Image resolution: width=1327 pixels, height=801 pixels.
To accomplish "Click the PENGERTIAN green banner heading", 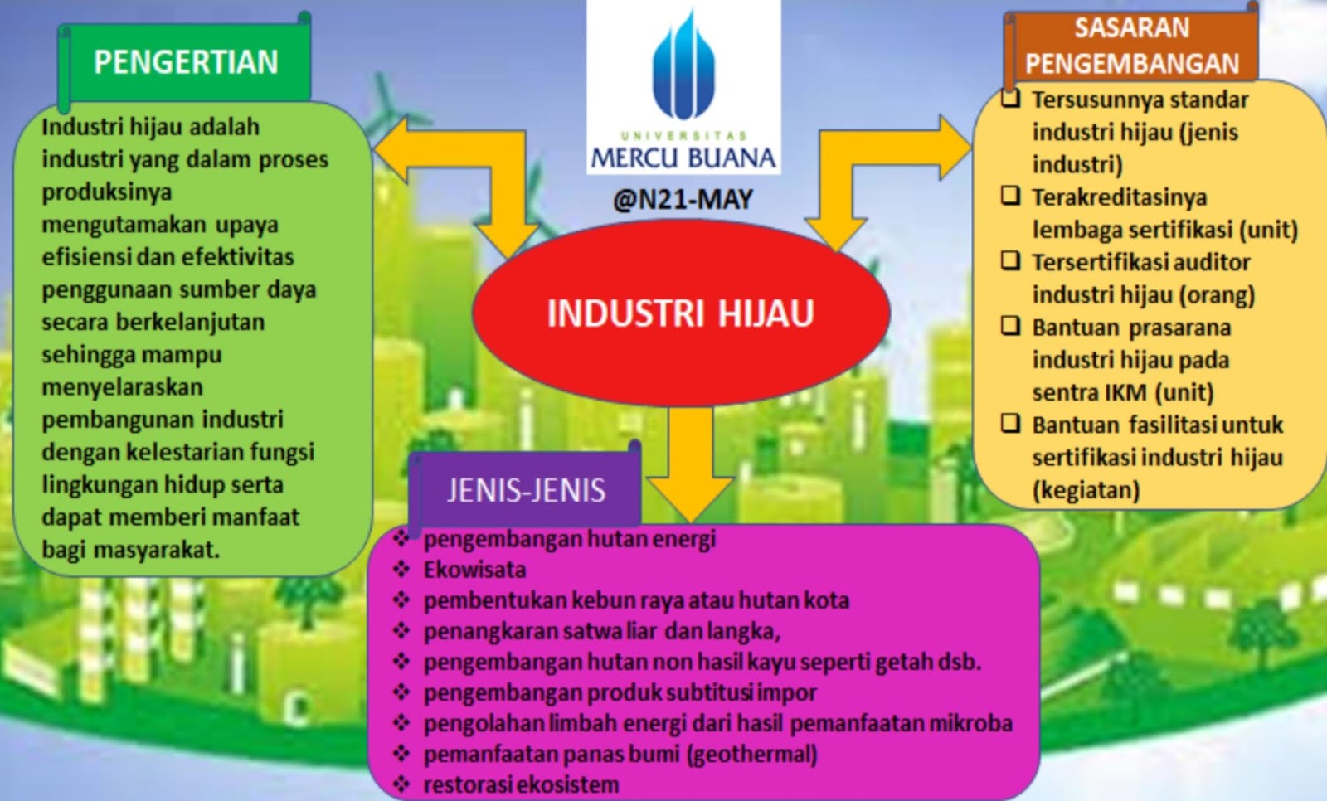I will [x=186, y=62].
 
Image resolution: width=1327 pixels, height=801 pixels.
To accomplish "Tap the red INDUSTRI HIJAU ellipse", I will [x=681, y=313].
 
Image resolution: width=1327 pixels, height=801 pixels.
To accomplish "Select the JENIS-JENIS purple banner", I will [x=526, y=490].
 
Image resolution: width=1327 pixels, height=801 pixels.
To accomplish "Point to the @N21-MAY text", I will [x=683, y=200].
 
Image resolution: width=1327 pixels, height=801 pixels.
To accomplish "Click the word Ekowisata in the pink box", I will [x=474, y=570].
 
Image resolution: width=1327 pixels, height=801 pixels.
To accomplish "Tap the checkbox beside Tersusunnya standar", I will [x=1010, y=99].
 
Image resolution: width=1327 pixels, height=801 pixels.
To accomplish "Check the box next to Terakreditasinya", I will [x=1010, y=197].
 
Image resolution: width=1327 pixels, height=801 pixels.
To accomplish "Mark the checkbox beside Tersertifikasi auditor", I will [x=1010, y=261].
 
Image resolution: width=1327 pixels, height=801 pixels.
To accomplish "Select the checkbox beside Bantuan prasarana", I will [x=1010, y=326].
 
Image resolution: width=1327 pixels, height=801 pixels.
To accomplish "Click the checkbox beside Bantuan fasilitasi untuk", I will [x=1010, y=424].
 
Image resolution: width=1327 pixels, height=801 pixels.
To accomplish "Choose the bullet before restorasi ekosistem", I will [x=401, y=784].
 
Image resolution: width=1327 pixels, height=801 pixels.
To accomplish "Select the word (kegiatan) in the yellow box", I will [x=1086, y=490].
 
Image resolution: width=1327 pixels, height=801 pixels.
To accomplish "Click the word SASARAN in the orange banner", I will [x=1131, y=28].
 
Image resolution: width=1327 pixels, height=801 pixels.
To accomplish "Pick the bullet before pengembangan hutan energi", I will [x=401, y=539].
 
